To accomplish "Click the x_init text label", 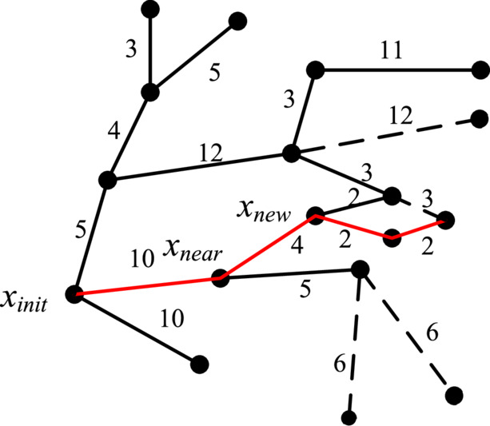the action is coord(24,301).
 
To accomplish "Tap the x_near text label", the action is coord(193,250).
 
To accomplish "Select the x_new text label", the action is coord(263,211).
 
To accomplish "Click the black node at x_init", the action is coord(74,294).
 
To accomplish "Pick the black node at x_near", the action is coord(221,277).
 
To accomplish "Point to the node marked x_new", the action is coord(316,215).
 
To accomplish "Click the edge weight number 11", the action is coord(391,50).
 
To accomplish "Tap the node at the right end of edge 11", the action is coord(480,70).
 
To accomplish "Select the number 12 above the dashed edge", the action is coord(400,116).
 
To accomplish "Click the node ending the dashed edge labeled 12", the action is coord(479,119).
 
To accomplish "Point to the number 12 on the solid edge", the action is coord(211,153).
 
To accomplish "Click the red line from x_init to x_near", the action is coord(148,286).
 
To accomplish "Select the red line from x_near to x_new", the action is coord(268,246).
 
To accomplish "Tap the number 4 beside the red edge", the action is coord(297,245).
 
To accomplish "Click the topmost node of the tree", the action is coord(150,10).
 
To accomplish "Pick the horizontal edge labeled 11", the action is coord(398,70).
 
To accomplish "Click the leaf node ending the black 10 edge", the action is coord(199,364).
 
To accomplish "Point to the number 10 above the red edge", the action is coord(142,259).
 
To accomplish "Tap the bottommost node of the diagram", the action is coord(349,418).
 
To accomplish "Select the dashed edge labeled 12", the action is coord(385,136).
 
